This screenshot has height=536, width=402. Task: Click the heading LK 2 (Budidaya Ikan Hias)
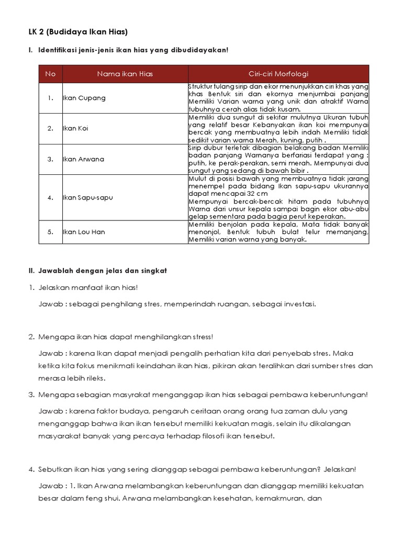coord(78,32)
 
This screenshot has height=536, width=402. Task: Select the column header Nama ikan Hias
coord(125,74)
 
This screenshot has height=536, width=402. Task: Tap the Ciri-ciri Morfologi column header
coord(278,74)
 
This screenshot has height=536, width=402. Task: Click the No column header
coord(50,74)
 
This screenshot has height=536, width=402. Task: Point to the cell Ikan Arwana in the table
coord(83,159)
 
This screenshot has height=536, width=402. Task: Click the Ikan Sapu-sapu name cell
coord(88,197)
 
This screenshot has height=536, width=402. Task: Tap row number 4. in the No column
coord(50,197)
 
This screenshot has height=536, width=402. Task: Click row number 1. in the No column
coord(50,98)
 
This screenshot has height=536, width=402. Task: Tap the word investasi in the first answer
coord(299,304)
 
